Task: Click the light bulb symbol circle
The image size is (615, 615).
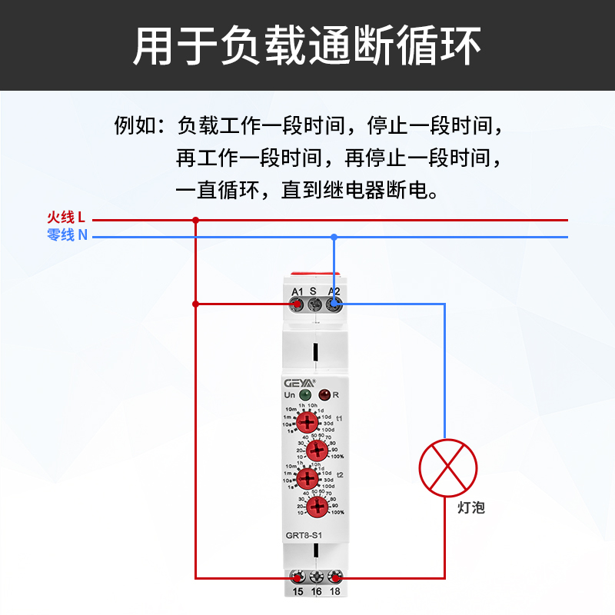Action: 448,468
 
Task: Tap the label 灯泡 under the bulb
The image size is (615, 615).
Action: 470,507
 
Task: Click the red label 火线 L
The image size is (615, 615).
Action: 65,218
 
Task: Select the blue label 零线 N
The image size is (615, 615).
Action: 67,235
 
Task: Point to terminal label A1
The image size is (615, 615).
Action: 297,291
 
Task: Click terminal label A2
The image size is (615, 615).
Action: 334,291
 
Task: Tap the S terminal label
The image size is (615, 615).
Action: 314,291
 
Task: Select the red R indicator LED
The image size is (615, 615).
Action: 324,395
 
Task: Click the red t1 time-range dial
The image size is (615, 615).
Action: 308,421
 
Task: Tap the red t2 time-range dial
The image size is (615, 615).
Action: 307,478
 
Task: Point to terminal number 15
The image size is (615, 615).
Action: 298,591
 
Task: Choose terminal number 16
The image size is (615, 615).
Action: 316,591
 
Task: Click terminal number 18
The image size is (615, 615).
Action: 335,591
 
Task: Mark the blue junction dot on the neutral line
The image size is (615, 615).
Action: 334,236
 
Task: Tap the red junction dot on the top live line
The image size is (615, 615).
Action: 195,220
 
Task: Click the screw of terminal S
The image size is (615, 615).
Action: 314,305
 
